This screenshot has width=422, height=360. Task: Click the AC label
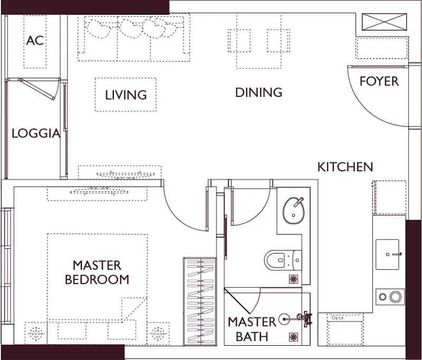pos(35,41)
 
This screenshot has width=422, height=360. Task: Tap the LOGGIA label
pos(36,133)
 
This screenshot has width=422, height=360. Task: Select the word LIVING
pos(126,95)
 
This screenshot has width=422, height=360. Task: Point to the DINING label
pos(258,92)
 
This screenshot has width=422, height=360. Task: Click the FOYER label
pos(379,81)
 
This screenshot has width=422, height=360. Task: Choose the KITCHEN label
pos(346,167)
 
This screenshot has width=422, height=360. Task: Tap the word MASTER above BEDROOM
pos(97,265)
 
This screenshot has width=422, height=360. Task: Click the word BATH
pos(252,337)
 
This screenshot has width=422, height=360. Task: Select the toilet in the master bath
pos(283,260)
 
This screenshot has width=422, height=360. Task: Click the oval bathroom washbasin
pos(293,210)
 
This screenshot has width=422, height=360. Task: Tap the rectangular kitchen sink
pos(388,255)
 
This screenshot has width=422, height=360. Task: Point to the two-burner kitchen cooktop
pos(390,297)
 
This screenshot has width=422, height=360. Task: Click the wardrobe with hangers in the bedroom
pos(200,301)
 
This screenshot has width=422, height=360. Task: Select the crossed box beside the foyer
pos(384,22)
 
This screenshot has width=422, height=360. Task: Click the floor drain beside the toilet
pos(293,279)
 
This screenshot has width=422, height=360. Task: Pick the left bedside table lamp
pos(36,334)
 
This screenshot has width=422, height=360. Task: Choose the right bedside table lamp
pos(158,334)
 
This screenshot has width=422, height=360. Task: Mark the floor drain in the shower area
pos(293,337)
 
